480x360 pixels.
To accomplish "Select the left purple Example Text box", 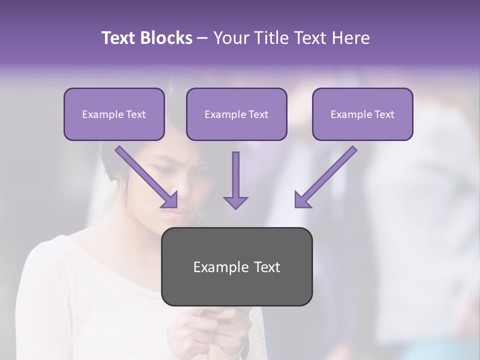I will pos(114,114).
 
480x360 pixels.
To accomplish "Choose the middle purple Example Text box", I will pos(236,114).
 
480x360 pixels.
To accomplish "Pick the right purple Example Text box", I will pos(362,114).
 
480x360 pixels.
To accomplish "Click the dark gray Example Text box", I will pos(236,266).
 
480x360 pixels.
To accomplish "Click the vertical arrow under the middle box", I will pos(235,180).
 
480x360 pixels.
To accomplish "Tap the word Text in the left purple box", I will pos(135,114).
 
